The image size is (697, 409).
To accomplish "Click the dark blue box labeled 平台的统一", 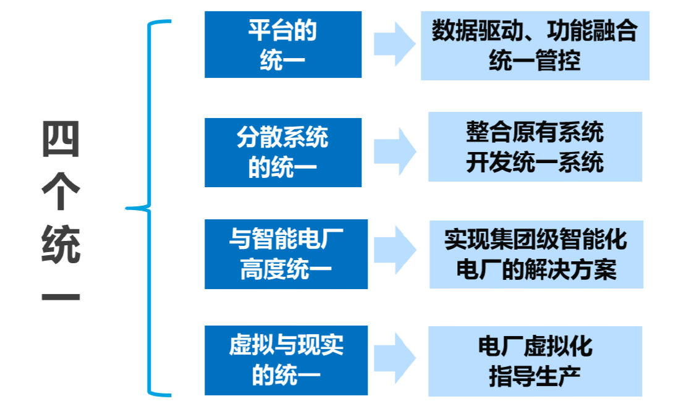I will tap(283, 44).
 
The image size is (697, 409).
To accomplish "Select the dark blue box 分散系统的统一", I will tap(283, 152).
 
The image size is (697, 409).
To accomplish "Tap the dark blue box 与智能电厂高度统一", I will tap(286, 254).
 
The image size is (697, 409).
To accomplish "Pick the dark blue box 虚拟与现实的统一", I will tap(286, 361).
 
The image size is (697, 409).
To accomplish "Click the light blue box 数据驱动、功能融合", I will tap(534, 45).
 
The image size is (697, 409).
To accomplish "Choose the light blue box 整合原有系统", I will tap(534, 146).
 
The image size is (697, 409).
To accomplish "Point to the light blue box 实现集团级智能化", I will tap(536, 254).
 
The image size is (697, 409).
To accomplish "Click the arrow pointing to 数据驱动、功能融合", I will tap(395, 44).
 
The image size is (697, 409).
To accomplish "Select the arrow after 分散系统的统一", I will tap(395, 151).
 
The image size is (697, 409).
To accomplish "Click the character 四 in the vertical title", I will tap(61, 140).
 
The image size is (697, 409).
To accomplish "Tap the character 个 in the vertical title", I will tap(61, 193).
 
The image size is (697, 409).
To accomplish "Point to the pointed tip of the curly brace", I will tap(128, 208).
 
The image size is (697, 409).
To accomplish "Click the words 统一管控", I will tap(534, 61).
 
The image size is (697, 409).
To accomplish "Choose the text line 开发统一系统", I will tap(534, 162).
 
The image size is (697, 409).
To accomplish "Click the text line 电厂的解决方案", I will tap(536, 270).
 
